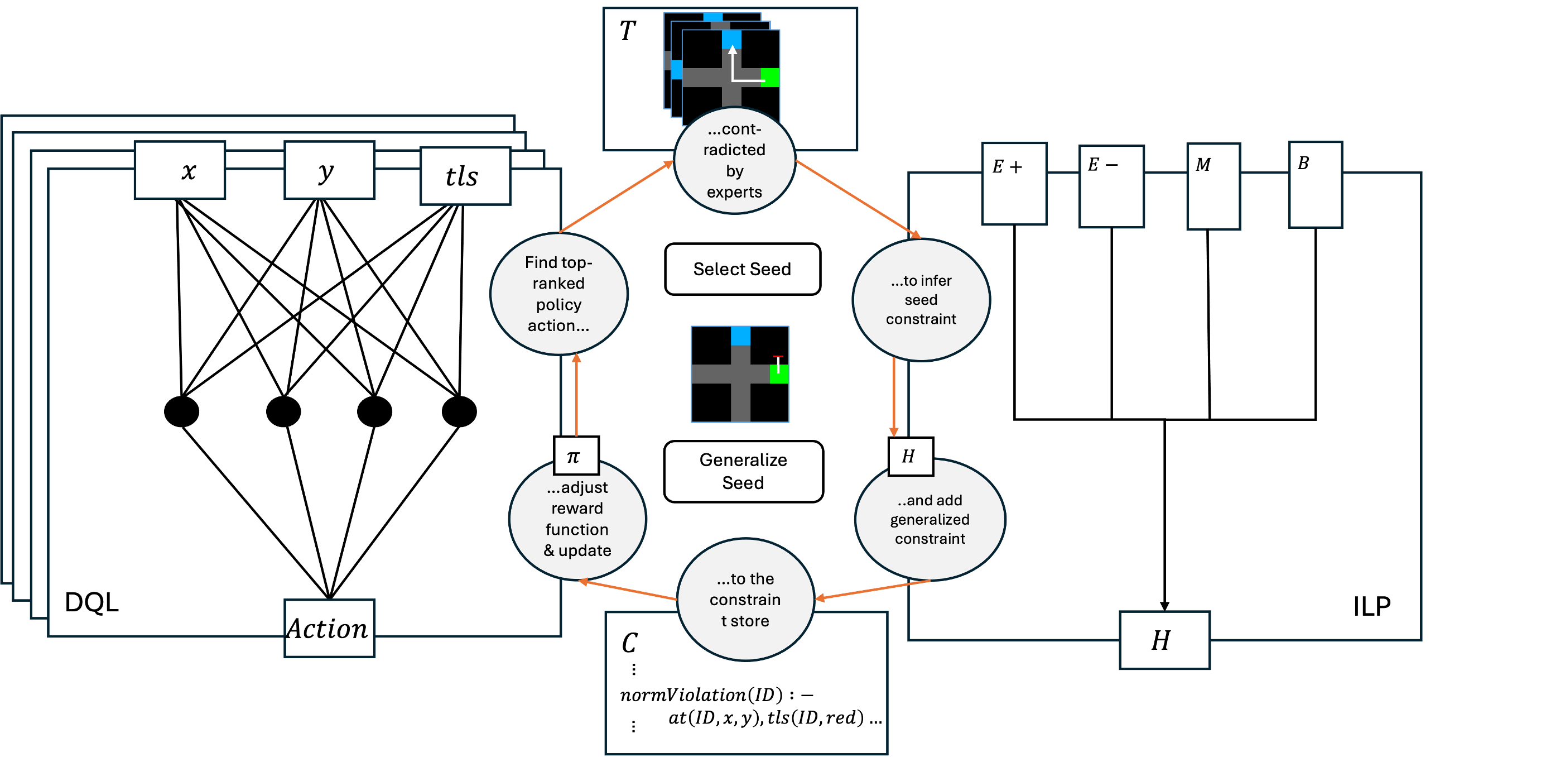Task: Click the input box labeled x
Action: click(x=180, y=170)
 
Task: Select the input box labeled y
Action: click(x=329, y=170)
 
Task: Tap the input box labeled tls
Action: click(x=465, y=176)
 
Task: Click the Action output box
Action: click(x=329, y=628)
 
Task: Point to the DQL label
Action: click(x=92, y=602)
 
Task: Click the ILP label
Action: click(x=1372, y=606)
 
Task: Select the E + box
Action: click(x=1014, y=184)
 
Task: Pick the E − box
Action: click(x=1111, y=186)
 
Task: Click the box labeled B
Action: click(x=1315, y=185)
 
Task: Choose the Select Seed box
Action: click(x=743, y=269)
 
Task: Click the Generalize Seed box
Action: click(x=743, y=471)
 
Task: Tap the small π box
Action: click(x=576, y=456)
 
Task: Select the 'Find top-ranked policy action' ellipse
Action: click(x=558, y=294)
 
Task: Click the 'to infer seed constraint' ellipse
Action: click(x=921, y=300)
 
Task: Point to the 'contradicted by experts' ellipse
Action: click(x=734, y=161)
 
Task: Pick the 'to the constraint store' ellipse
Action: click(x=745, y=600)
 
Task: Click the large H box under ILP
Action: click(x=1164, y=640)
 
